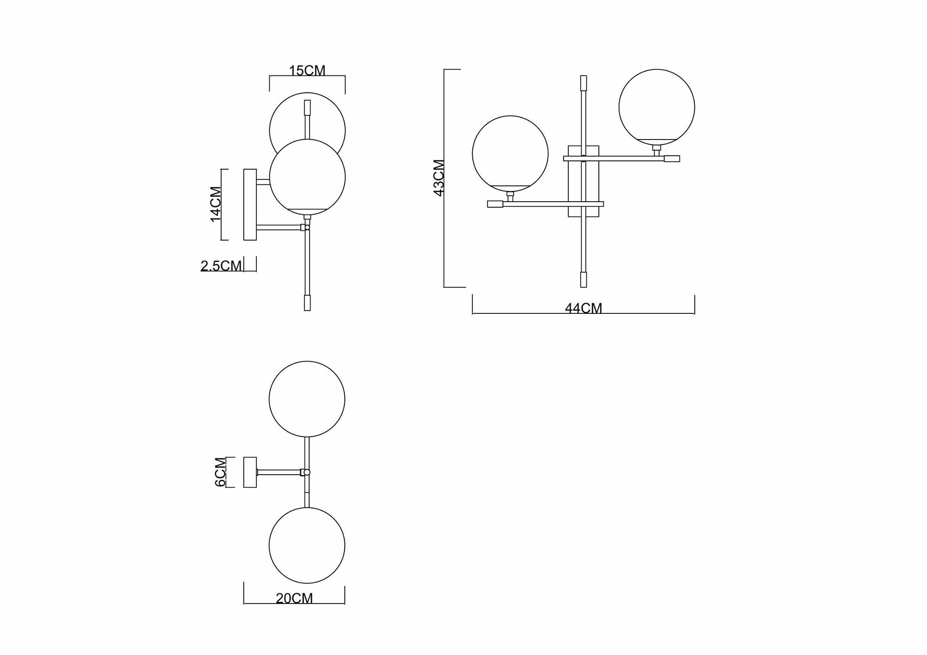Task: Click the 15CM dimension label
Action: coord(307,71)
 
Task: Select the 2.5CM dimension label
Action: coord(221,266)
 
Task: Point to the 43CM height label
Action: coord(439,178)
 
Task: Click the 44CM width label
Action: coord(584,308)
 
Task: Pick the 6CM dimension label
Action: coord(221,472)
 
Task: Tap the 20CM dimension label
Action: coord(294,598)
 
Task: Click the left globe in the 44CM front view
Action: coord(510,153)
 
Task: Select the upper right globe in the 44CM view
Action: coord(656,107)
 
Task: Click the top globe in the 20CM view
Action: coord(307,399)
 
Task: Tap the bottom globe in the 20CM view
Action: coord(307,545)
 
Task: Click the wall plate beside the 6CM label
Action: coord(250,472)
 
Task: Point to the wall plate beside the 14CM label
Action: coord(250,204)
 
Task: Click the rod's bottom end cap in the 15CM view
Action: coord(307,303)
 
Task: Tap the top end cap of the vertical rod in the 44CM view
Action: coord(584,83)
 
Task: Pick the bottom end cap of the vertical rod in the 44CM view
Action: coord(584,280)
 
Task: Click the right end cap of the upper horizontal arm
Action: coord(672,159)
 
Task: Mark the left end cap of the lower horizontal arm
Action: coord(495,203)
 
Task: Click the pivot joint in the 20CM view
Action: coord(306,472)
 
